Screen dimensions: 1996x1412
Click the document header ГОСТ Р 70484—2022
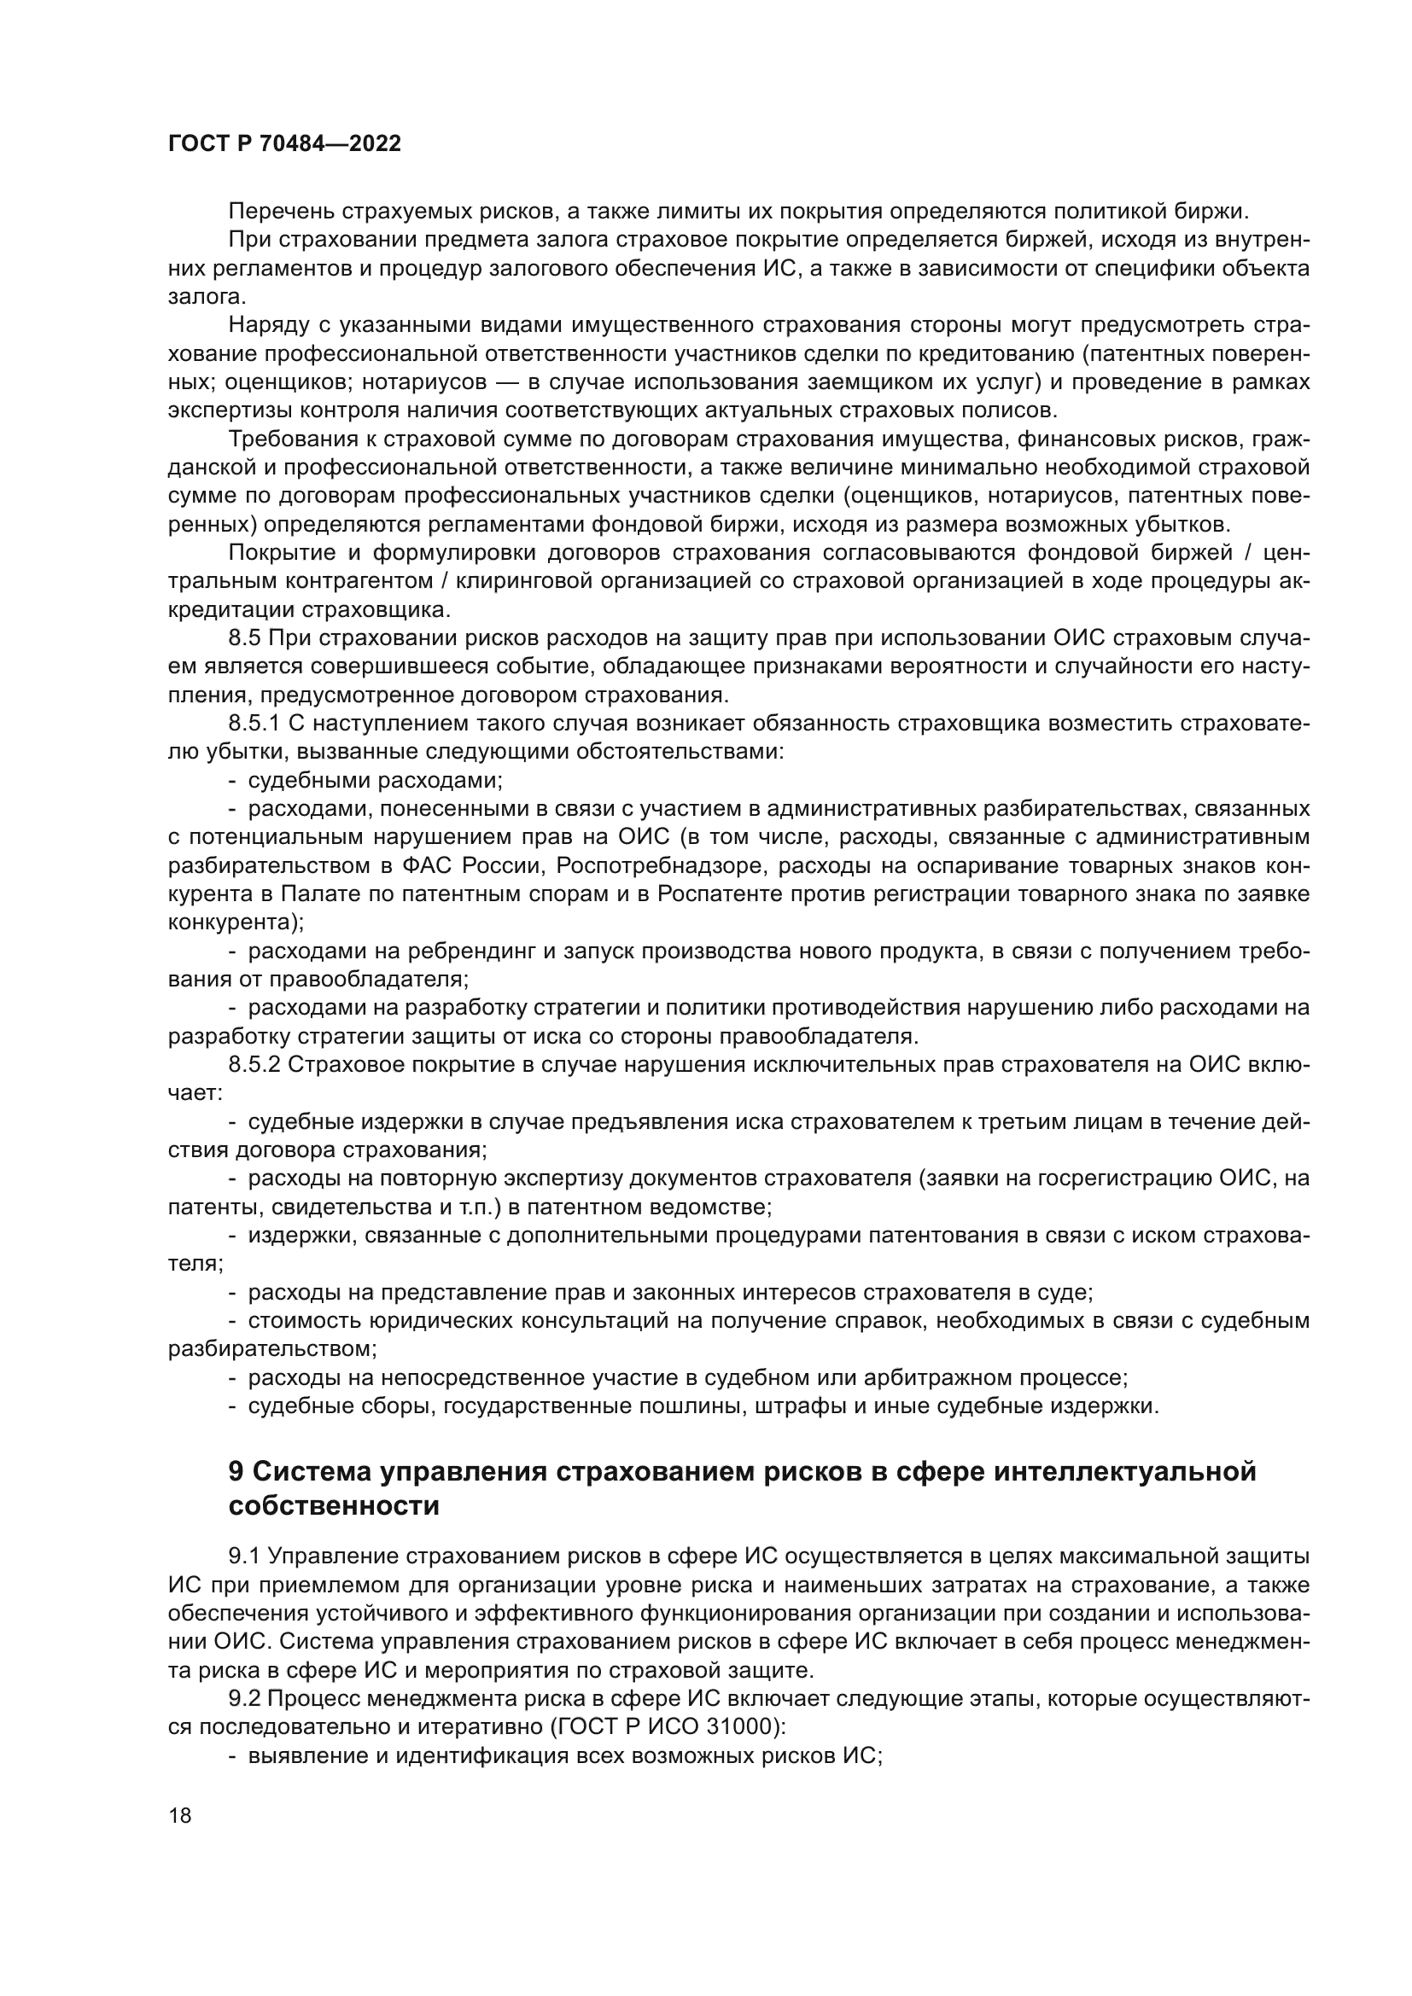(284, 144)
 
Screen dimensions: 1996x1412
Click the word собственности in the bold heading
(334, 1505)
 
